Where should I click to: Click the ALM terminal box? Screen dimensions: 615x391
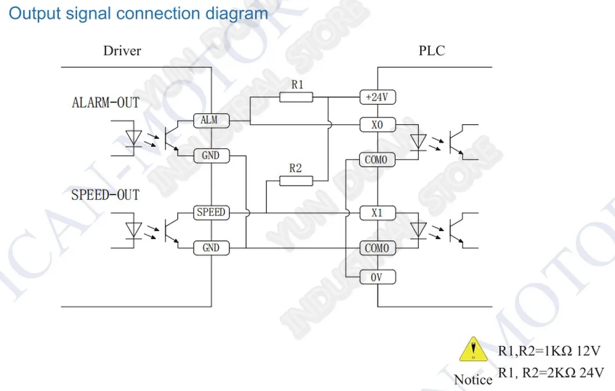tap(212, 120)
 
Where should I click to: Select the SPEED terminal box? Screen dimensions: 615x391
tap(212, 213)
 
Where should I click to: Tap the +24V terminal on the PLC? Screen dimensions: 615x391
tap(378, 97)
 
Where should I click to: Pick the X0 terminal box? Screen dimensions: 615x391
tap(378, 125)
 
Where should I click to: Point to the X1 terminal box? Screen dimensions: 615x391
tap(378, 213)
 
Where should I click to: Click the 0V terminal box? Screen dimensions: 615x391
tap(378, 277)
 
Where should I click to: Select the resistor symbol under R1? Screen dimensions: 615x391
tap(296, 97)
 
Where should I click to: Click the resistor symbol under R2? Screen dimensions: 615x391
tap(296, 181)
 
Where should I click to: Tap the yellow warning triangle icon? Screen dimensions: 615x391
tap(474, 349)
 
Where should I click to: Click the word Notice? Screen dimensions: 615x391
tap(473, 380)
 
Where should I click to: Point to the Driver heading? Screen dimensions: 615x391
tap(122, 50)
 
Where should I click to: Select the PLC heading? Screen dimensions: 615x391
tap(432, 50)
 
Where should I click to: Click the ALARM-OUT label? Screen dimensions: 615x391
tap(106, 103)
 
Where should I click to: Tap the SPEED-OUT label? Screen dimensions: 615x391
tap(105, 195)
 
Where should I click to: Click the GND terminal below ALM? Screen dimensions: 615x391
tap(212, 156)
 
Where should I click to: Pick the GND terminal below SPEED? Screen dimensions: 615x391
tap(212, 248)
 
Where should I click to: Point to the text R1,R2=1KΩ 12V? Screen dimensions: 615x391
tap(549, 351)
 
